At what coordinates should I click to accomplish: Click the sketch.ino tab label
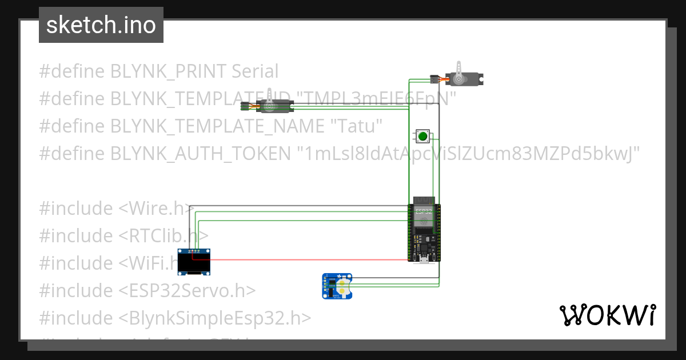pos(101,25)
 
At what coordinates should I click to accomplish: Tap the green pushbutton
pos(422,136)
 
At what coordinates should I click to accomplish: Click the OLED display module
pos(194,262)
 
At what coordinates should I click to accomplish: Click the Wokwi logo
pos(607,315)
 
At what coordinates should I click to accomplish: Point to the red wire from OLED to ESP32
pos(303,259)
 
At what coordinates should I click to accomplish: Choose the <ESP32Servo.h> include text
pos(187,291)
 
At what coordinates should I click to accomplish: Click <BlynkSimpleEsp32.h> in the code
pos(215,318)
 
